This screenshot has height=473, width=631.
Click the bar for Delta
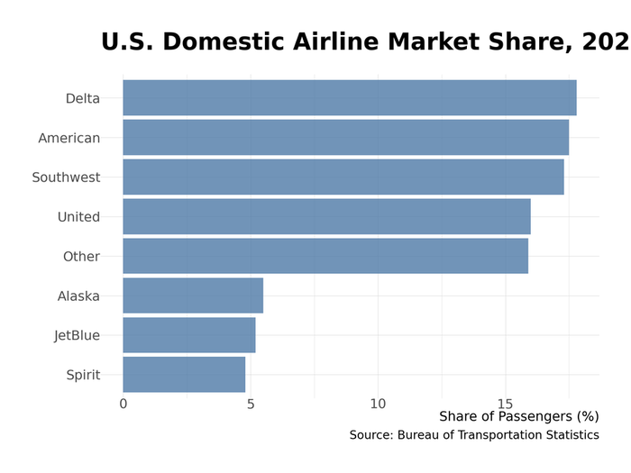click(x=349, y=97)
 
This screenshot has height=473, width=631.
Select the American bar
click(x=345, y=137)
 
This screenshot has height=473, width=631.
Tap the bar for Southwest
click(x=343, y=177)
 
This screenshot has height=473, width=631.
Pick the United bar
click(x=326, y=216)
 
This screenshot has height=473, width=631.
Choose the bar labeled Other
click(x=325, y=256)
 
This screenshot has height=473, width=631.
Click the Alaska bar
click(x=193, y=296)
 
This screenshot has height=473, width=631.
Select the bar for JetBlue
click(x=188, y=335)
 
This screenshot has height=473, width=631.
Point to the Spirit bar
click(x=184, y=375)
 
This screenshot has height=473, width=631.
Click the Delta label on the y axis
click(x=82, y=98)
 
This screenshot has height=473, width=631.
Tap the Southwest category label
click(x=66, y=177)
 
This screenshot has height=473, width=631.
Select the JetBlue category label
click(x=77, y=336)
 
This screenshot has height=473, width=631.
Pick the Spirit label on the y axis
click(x=83, y=376)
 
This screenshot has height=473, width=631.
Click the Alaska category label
click(x=78, y=296)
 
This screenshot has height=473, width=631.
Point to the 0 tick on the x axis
click(x=123, y=404)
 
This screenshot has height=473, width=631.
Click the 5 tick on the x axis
click(x=251, y=404)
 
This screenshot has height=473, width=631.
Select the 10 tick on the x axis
click(x=378, y=404)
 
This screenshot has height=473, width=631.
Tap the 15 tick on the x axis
click(x=505, y=404)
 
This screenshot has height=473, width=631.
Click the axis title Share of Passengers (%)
click(x=518, y=416)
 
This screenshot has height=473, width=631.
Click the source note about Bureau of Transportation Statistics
click(x=474, y=435)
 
